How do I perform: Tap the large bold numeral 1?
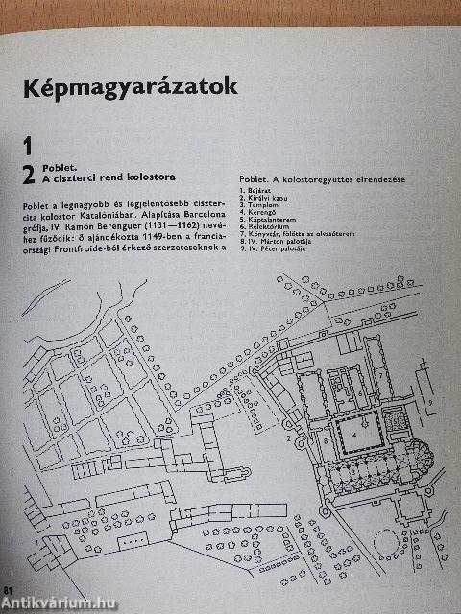click(x=28, y=146)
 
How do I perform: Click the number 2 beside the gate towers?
click(x=288, y=437)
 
